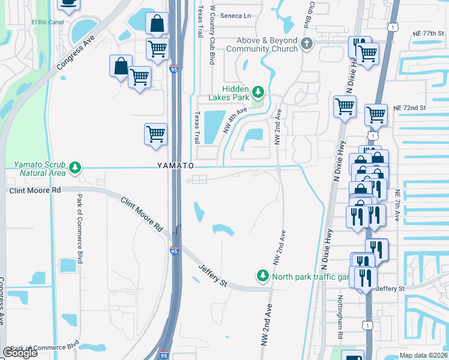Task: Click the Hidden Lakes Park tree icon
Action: point(258,92)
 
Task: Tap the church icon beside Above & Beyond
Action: point(307,44)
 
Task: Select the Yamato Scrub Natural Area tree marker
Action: point(75,167)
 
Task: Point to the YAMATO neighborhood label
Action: point(175,165)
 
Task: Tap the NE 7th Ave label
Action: point(397,205)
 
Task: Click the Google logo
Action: point(20,353)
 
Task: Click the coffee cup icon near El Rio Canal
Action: point(68,4)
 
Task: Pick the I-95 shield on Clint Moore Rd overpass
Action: point(173,250)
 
